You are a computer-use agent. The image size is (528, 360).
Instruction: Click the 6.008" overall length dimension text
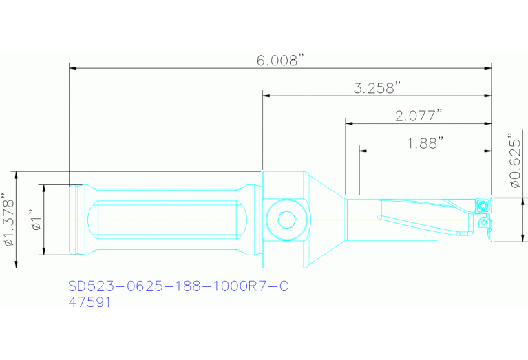(x=281, y=61)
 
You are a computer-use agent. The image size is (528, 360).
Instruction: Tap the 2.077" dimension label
(x=419, y=116)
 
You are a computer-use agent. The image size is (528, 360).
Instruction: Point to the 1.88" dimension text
(x=425, y=142)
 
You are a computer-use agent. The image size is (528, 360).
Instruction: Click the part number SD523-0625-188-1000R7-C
(x=178, y=286)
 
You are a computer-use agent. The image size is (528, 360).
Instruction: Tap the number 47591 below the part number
(x=89, y=301)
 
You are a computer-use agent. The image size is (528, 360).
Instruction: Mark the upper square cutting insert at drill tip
(x=483, y=204)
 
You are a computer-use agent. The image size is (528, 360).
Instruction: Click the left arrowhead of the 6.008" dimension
(x=73, y=68)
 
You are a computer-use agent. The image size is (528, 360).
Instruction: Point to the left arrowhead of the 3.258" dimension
(x=266, y=96)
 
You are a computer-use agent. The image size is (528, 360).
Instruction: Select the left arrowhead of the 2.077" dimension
(x=349, y=123)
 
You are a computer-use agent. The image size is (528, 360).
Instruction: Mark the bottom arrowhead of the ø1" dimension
(x=44, y=251)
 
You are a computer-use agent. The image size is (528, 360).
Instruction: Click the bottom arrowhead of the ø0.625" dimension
(x=505, y=237)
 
